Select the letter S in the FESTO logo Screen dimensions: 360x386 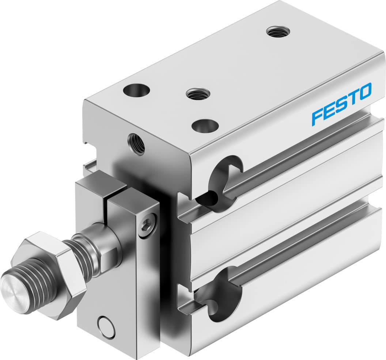(341, 104)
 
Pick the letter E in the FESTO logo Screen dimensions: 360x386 (329, 110)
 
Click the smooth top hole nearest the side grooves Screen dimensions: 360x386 (205, 126)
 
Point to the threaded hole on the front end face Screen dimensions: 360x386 (136, 143)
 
